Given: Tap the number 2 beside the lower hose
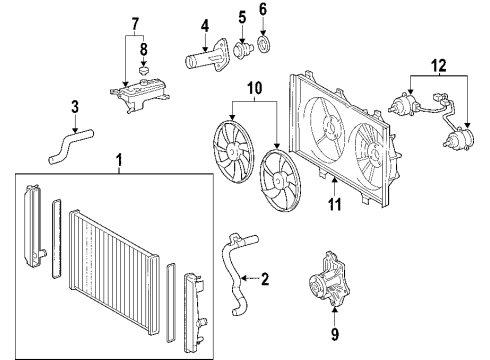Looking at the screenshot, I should (x=264, y=278).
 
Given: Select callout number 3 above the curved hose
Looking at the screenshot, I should (x=73, y=107).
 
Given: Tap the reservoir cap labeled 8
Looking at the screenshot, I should (x=144, y=71).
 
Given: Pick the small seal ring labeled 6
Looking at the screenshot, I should (x=265, y=43).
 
